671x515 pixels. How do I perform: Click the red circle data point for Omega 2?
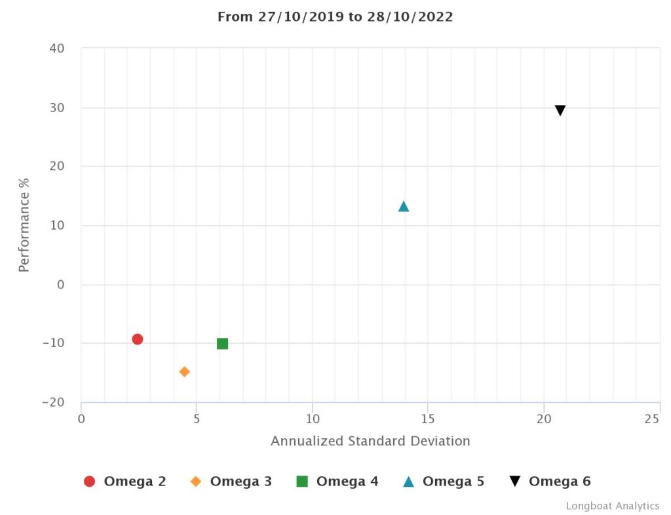pyautogui.click(x=137, y=339)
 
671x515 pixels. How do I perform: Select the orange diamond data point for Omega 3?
pyautogui.click(x=184, y=372)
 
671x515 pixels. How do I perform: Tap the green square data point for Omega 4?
pyautogui.click(x=222, y=344)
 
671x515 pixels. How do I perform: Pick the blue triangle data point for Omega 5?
pyautogui.click(x=404, y=207)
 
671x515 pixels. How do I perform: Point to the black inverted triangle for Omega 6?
pyautogui.click(x=560, y=111)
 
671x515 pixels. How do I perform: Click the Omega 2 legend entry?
pyautogui.click(x=125, y=482)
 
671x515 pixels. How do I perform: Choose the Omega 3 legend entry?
pyautogui.click(x=231, y=482)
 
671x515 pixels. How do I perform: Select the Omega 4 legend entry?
pyautogui.click(x=337, y=482)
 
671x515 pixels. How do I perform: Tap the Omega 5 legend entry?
pyautogui.click(x=444, y=482)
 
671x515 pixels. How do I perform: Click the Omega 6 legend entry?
pyautogui.click(x=550, y=482)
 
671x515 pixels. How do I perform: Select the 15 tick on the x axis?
pyautogui.click(x=428, y=419)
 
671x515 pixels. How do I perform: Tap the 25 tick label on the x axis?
pyautogui.click(x=651, y=419)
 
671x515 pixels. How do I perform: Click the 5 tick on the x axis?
pyautogui.click(x=197, y=419)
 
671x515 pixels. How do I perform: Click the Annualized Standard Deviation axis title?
pyautogui.click(x=370, y=441)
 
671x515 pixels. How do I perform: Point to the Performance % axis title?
pyautogui.click(x=24, y=225)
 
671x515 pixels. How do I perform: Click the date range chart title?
pyautogui.click(x=335, y=17)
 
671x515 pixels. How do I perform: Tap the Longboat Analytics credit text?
pyautogui.click(x=613, y=506)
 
